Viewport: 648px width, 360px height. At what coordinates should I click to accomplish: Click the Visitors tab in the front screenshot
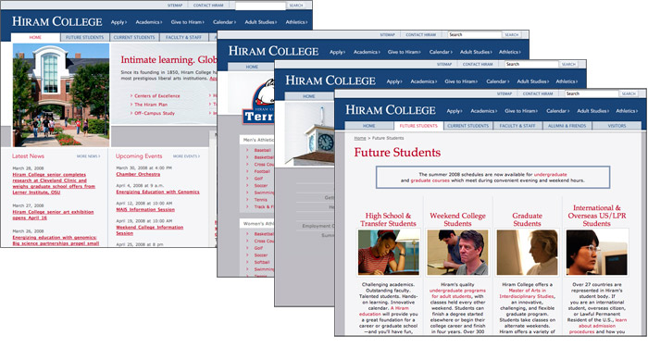(x=617, y=125)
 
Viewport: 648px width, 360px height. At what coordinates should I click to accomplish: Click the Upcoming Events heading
(x=140, y=156)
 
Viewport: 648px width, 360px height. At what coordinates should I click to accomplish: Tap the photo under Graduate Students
(x=527, y=253)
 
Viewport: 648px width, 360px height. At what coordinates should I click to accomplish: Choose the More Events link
(x=186, y=156)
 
